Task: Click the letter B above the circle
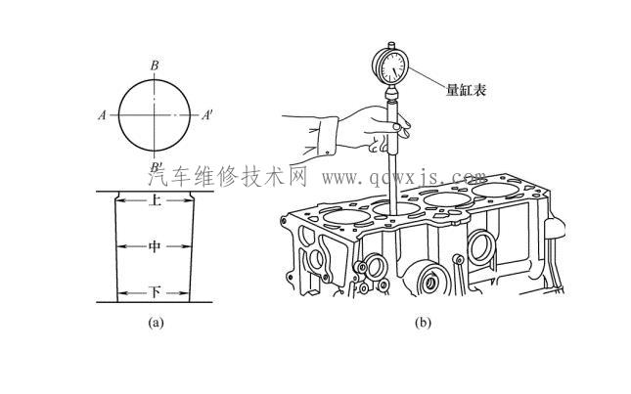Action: pyautogui.click(x=155, y=66)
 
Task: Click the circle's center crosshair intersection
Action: pyautogui.click(x=155, y=114)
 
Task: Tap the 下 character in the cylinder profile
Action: pyautogui.click(x=155, y=292)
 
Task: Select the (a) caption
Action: pyautogui.click(x=155, y=322)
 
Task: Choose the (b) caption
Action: pyautogui.click(x=423, y=322)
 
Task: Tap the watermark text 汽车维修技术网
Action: pyautogui.click(x=228, y=177)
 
